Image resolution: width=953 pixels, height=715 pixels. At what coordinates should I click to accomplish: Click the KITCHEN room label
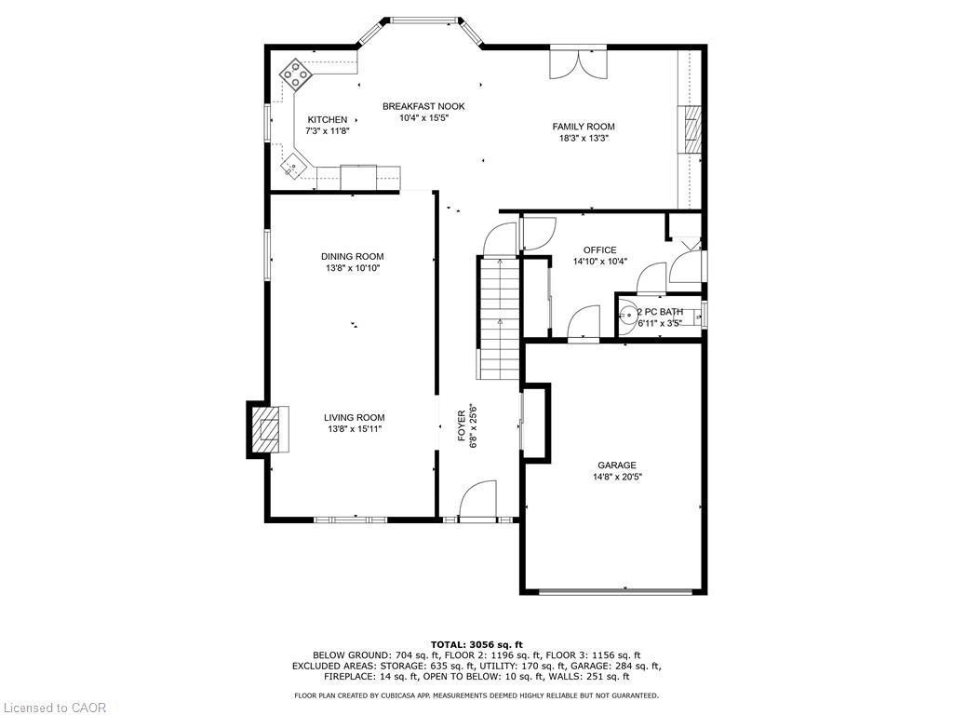pos(328,120)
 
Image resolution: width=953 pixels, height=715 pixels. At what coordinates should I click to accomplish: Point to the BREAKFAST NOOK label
pos(423,106)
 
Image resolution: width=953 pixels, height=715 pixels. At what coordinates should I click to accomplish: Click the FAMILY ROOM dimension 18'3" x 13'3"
pos(584,139)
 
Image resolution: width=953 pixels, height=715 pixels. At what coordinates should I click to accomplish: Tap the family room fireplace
pos(690,129)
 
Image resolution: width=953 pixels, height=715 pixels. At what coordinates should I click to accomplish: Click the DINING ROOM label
pos(353,257)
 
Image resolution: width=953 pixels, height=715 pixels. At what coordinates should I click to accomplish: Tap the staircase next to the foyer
pos(500,317)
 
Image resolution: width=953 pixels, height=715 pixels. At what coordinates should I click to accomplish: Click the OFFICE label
pos(600,250)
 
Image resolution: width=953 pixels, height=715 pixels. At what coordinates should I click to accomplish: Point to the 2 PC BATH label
pos(660,312)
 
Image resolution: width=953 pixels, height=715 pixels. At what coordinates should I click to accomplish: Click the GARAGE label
pos(617,465)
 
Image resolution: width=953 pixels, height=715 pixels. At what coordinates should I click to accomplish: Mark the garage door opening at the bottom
pos(616,591)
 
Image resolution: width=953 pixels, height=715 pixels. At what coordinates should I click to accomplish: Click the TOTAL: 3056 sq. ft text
pos(476,644)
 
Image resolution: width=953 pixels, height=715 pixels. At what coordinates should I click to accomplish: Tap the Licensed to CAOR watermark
pos(54,708)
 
